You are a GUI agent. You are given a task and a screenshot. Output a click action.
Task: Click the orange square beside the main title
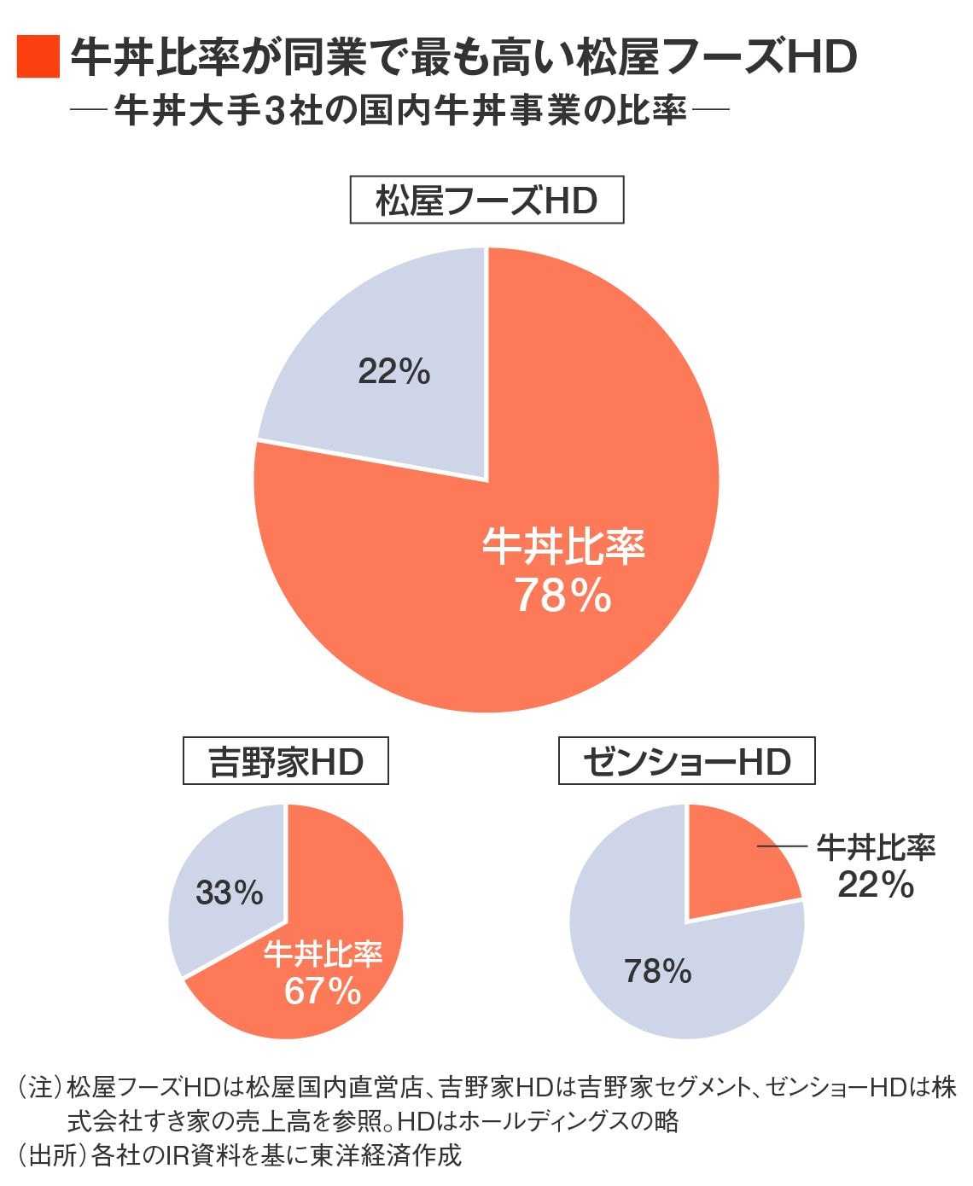tap(38, 57)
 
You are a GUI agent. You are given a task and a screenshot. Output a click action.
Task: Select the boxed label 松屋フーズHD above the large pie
tap(486, 201)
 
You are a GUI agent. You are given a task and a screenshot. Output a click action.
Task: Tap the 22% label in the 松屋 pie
tap(394, 372)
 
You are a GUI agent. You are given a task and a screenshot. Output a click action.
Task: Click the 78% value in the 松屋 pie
tap(562, 596)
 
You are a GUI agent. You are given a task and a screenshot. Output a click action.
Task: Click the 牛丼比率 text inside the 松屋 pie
tap(563, 547)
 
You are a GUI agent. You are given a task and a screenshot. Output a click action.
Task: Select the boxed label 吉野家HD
tap(286, 761)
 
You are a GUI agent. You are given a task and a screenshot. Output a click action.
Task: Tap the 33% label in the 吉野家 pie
tap(230, 892)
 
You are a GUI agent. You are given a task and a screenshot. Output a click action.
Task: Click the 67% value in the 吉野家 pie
tap(323, 991)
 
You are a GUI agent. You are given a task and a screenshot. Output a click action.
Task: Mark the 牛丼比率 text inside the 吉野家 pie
tap(323, 954)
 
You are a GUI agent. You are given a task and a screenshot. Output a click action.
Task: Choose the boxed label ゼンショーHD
tap(686, 761)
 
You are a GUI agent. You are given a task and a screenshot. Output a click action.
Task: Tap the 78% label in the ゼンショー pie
tap(657, 971)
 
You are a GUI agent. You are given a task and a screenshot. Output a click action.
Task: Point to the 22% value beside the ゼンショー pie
tap(876, 885)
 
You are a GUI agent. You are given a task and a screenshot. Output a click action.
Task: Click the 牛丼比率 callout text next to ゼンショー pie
tap(876, 847)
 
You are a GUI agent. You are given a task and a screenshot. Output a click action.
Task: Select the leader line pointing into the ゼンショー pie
tap(782, 846)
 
